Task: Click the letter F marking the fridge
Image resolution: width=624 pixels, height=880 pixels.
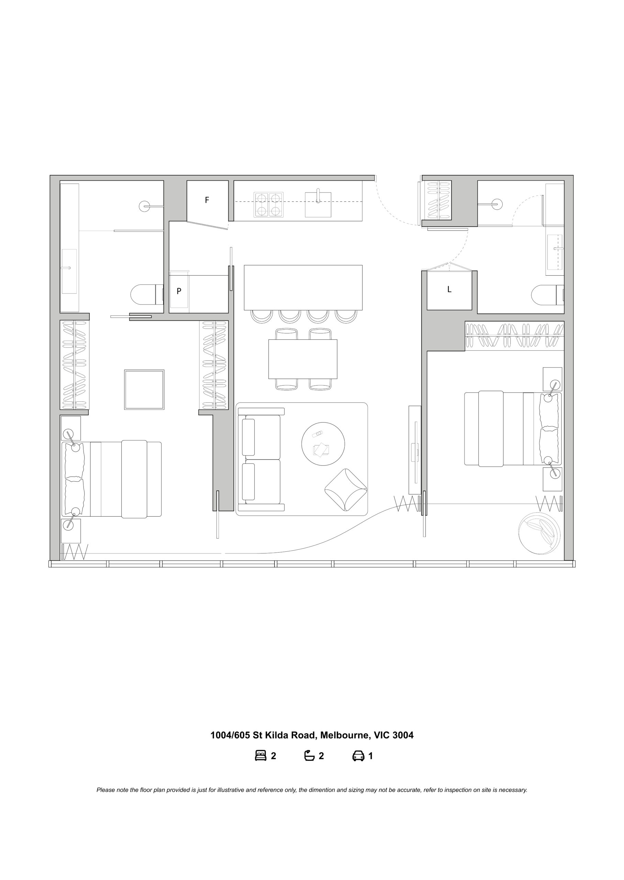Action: [207, 200]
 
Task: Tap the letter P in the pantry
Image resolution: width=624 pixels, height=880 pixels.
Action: [179, 291]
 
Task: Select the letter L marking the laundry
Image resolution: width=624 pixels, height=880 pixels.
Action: [449, 289]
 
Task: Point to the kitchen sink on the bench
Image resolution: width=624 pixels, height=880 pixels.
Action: [318, 205]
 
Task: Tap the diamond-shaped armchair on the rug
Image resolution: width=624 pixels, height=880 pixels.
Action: [346, 490]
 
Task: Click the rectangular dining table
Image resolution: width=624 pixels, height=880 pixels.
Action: [303, 359]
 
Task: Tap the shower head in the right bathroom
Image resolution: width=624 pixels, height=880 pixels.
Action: [497, 204]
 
